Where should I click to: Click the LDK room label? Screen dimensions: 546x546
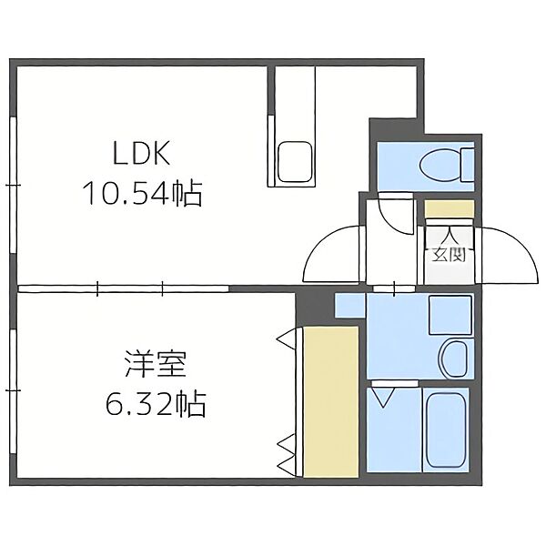tap(142, 153)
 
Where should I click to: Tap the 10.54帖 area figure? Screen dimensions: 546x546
tap(143, 194)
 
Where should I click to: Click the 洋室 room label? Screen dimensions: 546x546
tap(156, 364)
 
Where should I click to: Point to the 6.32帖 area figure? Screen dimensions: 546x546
tap(157, 405)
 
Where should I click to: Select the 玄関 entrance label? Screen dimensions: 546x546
tap(449, 255)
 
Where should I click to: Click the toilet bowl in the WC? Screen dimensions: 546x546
tap(440, 164)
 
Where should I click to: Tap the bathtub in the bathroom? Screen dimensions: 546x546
tap(447, 430)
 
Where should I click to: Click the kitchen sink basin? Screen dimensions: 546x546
tap(294, 162)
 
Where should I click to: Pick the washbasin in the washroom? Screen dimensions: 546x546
tap(453, 359)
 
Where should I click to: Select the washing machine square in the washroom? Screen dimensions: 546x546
tap(450, 315)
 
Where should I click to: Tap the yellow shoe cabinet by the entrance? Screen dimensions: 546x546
tap(450, 208)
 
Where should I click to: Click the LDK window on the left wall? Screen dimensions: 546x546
tap(14, 186)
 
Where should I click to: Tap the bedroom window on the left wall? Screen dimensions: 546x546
tap(14, 390)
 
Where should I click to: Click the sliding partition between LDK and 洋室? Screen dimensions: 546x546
tap(123, 288)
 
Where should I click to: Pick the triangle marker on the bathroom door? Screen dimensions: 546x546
tap(382, 398)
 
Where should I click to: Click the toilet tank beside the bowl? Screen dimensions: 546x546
tap(468, 164)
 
